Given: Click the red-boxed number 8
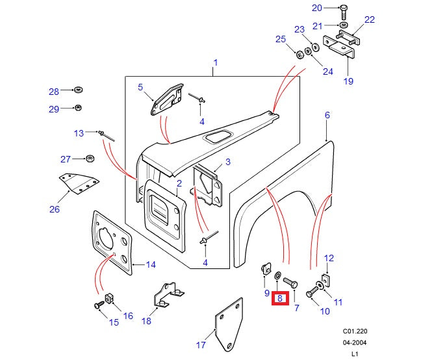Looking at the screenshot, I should click(280, 299).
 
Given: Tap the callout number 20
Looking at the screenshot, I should click(317, 8).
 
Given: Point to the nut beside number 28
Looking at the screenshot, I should click(78, 88).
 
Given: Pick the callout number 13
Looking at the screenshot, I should click(79, 133).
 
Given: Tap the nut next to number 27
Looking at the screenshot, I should click(90, 159).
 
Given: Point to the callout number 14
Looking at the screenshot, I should click(151, 264).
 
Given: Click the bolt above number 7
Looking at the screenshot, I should click(290, 283).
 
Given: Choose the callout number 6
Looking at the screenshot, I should click(327, 115).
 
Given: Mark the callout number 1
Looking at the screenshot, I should click(215, 63).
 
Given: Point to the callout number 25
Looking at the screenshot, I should click(281, 40).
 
